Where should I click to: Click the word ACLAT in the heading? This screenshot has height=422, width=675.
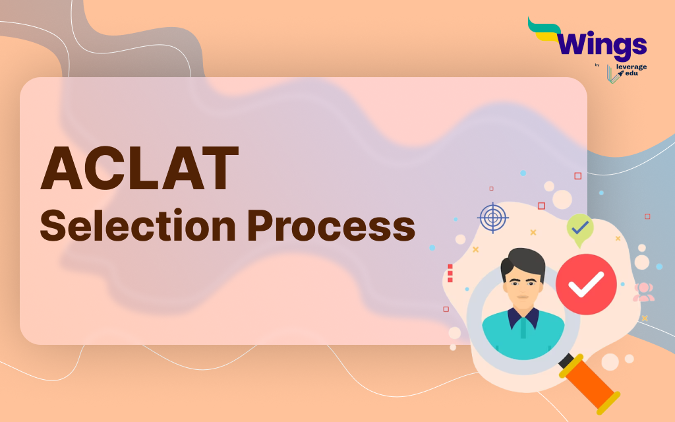pyautogui.click(x=139, y=170)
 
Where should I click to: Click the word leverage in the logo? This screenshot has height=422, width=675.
pyautogui.click(x=632, y=67)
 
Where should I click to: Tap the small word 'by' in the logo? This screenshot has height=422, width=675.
pyautogui.click(x=597, y=65)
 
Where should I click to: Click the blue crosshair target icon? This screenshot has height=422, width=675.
pyautogui.click(x=493, y=218)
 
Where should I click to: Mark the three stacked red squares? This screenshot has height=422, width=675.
pyautogui.click(x=450, y=273)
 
